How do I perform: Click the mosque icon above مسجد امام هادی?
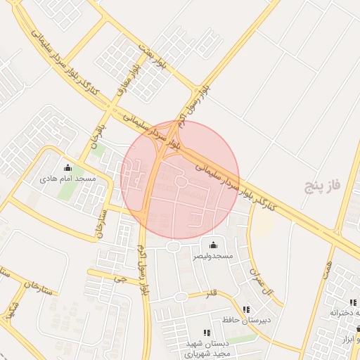point(67,167)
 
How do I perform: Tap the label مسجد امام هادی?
point(67,179)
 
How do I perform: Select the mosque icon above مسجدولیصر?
point(214,245)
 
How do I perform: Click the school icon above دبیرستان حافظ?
point(246,309)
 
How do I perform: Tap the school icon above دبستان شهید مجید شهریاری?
point(207,333)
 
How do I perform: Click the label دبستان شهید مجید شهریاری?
point(204,349)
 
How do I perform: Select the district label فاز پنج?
point(322,186)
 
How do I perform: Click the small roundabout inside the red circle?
point(181,181)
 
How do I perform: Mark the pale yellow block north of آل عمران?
point(263,224)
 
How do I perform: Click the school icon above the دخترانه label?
point(353,302)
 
